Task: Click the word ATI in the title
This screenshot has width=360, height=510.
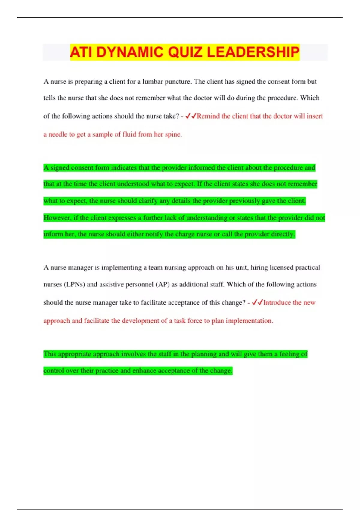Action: (x=82, y=52)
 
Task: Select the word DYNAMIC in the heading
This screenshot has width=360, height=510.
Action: (x=130, y=52)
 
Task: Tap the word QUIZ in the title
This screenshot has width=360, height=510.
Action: (x=185, y=52)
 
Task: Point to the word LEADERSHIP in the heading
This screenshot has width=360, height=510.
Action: (x=253, y=52)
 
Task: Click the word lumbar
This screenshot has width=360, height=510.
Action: (x=153, y=82)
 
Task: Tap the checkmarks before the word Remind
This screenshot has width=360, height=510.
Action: (x=191, y=116)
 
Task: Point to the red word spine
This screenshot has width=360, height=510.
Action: (x=173, y=134)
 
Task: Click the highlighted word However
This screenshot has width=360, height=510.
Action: (x=57, y=218)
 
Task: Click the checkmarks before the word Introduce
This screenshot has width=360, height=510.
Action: (x=257, y=302)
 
